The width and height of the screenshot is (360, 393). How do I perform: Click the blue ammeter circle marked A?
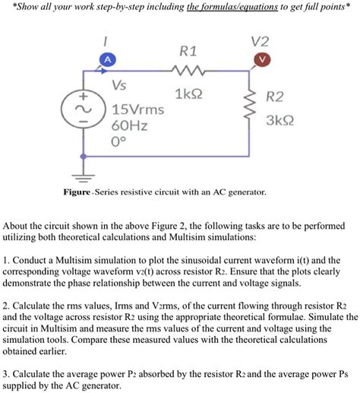point(109,60)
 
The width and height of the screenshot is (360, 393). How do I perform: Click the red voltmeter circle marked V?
point(263,60)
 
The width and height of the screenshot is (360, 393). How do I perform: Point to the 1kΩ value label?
point(187,95)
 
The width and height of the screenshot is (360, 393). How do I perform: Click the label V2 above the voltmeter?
point(263,41)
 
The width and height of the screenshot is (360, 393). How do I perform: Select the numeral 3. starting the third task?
point(7,375)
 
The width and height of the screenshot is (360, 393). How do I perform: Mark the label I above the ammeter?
point(108,40)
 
